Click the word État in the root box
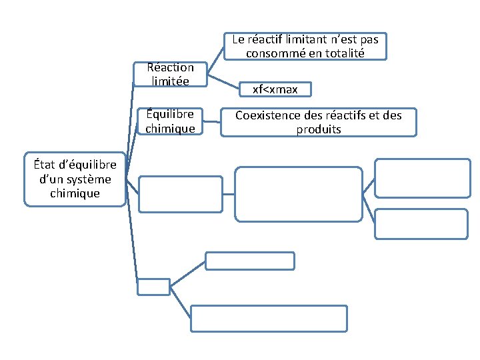click(41, 165)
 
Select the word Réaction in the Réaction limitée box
click(170, 67)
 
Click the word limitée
click(170, 81)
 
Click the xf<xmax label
click(275, 89)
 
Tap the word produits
click(319, 129)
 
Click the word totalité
click(341, 53)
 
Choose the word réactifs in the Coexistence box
click(339, 115)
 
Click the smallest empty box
click(153, 287)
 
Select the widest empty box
click(269, 318)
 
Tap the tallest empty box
click(299, 194)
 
